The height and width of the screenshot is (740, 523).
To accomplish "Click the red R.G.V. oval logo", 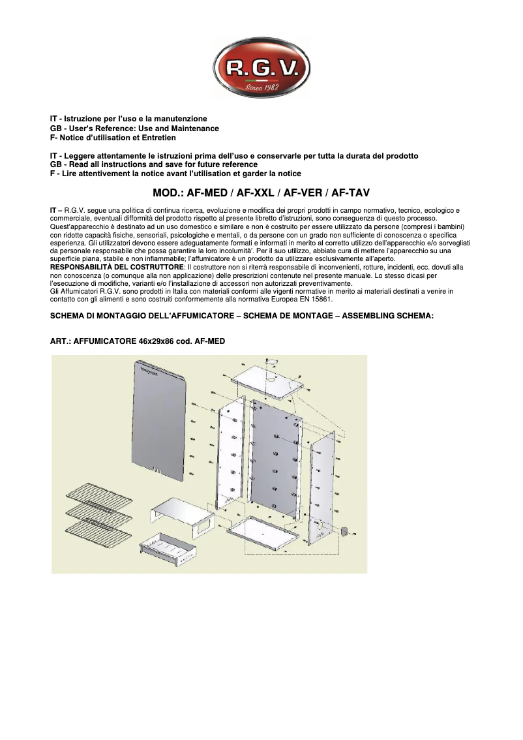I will [x=261, y=67].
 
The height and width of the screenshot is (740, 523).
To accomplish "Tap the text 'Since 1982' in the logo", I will [x=261, y=87].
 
